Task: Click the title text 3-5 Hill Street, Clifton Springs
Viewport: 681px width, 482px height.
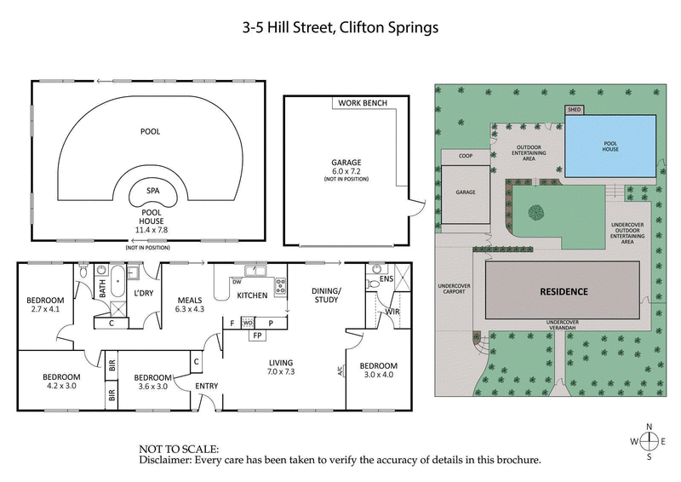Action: (x=340, y=27)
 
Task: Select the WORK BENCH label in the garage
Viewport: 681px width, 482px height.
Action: (x=363, y=103)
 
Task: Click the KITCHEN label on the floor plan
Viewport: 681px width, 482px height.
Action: (x=252, y=296)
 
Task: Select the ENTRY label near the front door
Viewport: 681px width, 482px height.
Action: (x=207, y=386)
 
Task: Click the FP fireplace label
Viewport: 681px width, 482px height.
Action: (x=256, y=336)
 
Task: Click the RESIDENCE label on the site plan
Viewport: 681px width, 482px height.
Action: (x=564, y=291)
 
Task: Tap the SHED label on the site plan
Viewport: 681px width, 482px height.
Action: (x=575, y=110)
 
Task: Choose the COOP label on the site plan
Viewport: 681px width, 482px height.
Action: (x=466, y=156)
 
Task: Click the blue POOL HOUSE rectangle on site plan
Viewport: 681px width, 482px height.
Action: (x=610, y=146)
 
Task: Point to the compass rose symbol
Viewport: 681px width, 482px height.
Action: (x=649, y=440)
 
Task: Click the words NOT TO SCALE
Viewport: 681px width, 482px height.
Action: (x=179, y=448)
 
